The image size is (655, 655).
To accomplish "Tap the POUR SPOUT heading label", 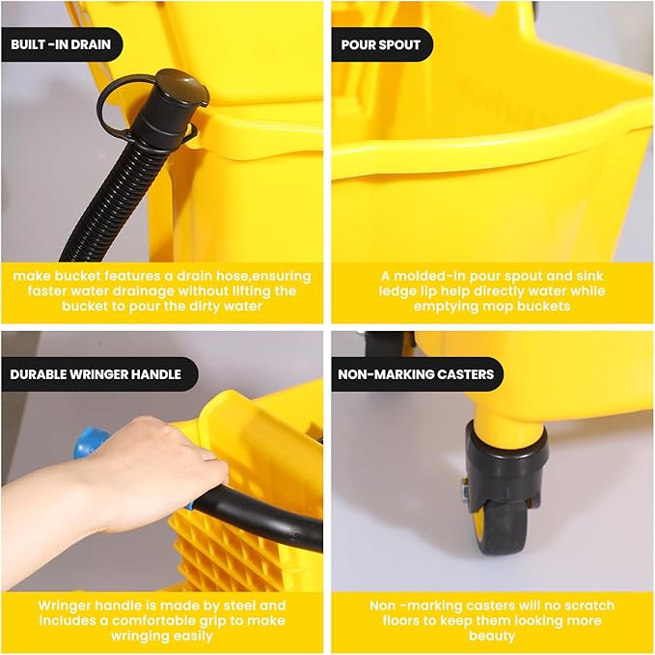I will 381,44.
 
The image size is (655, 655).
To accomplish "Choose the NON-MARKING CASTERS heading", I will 417,374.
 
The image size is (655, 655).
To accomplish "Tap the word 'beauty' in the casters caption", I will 492,637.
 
